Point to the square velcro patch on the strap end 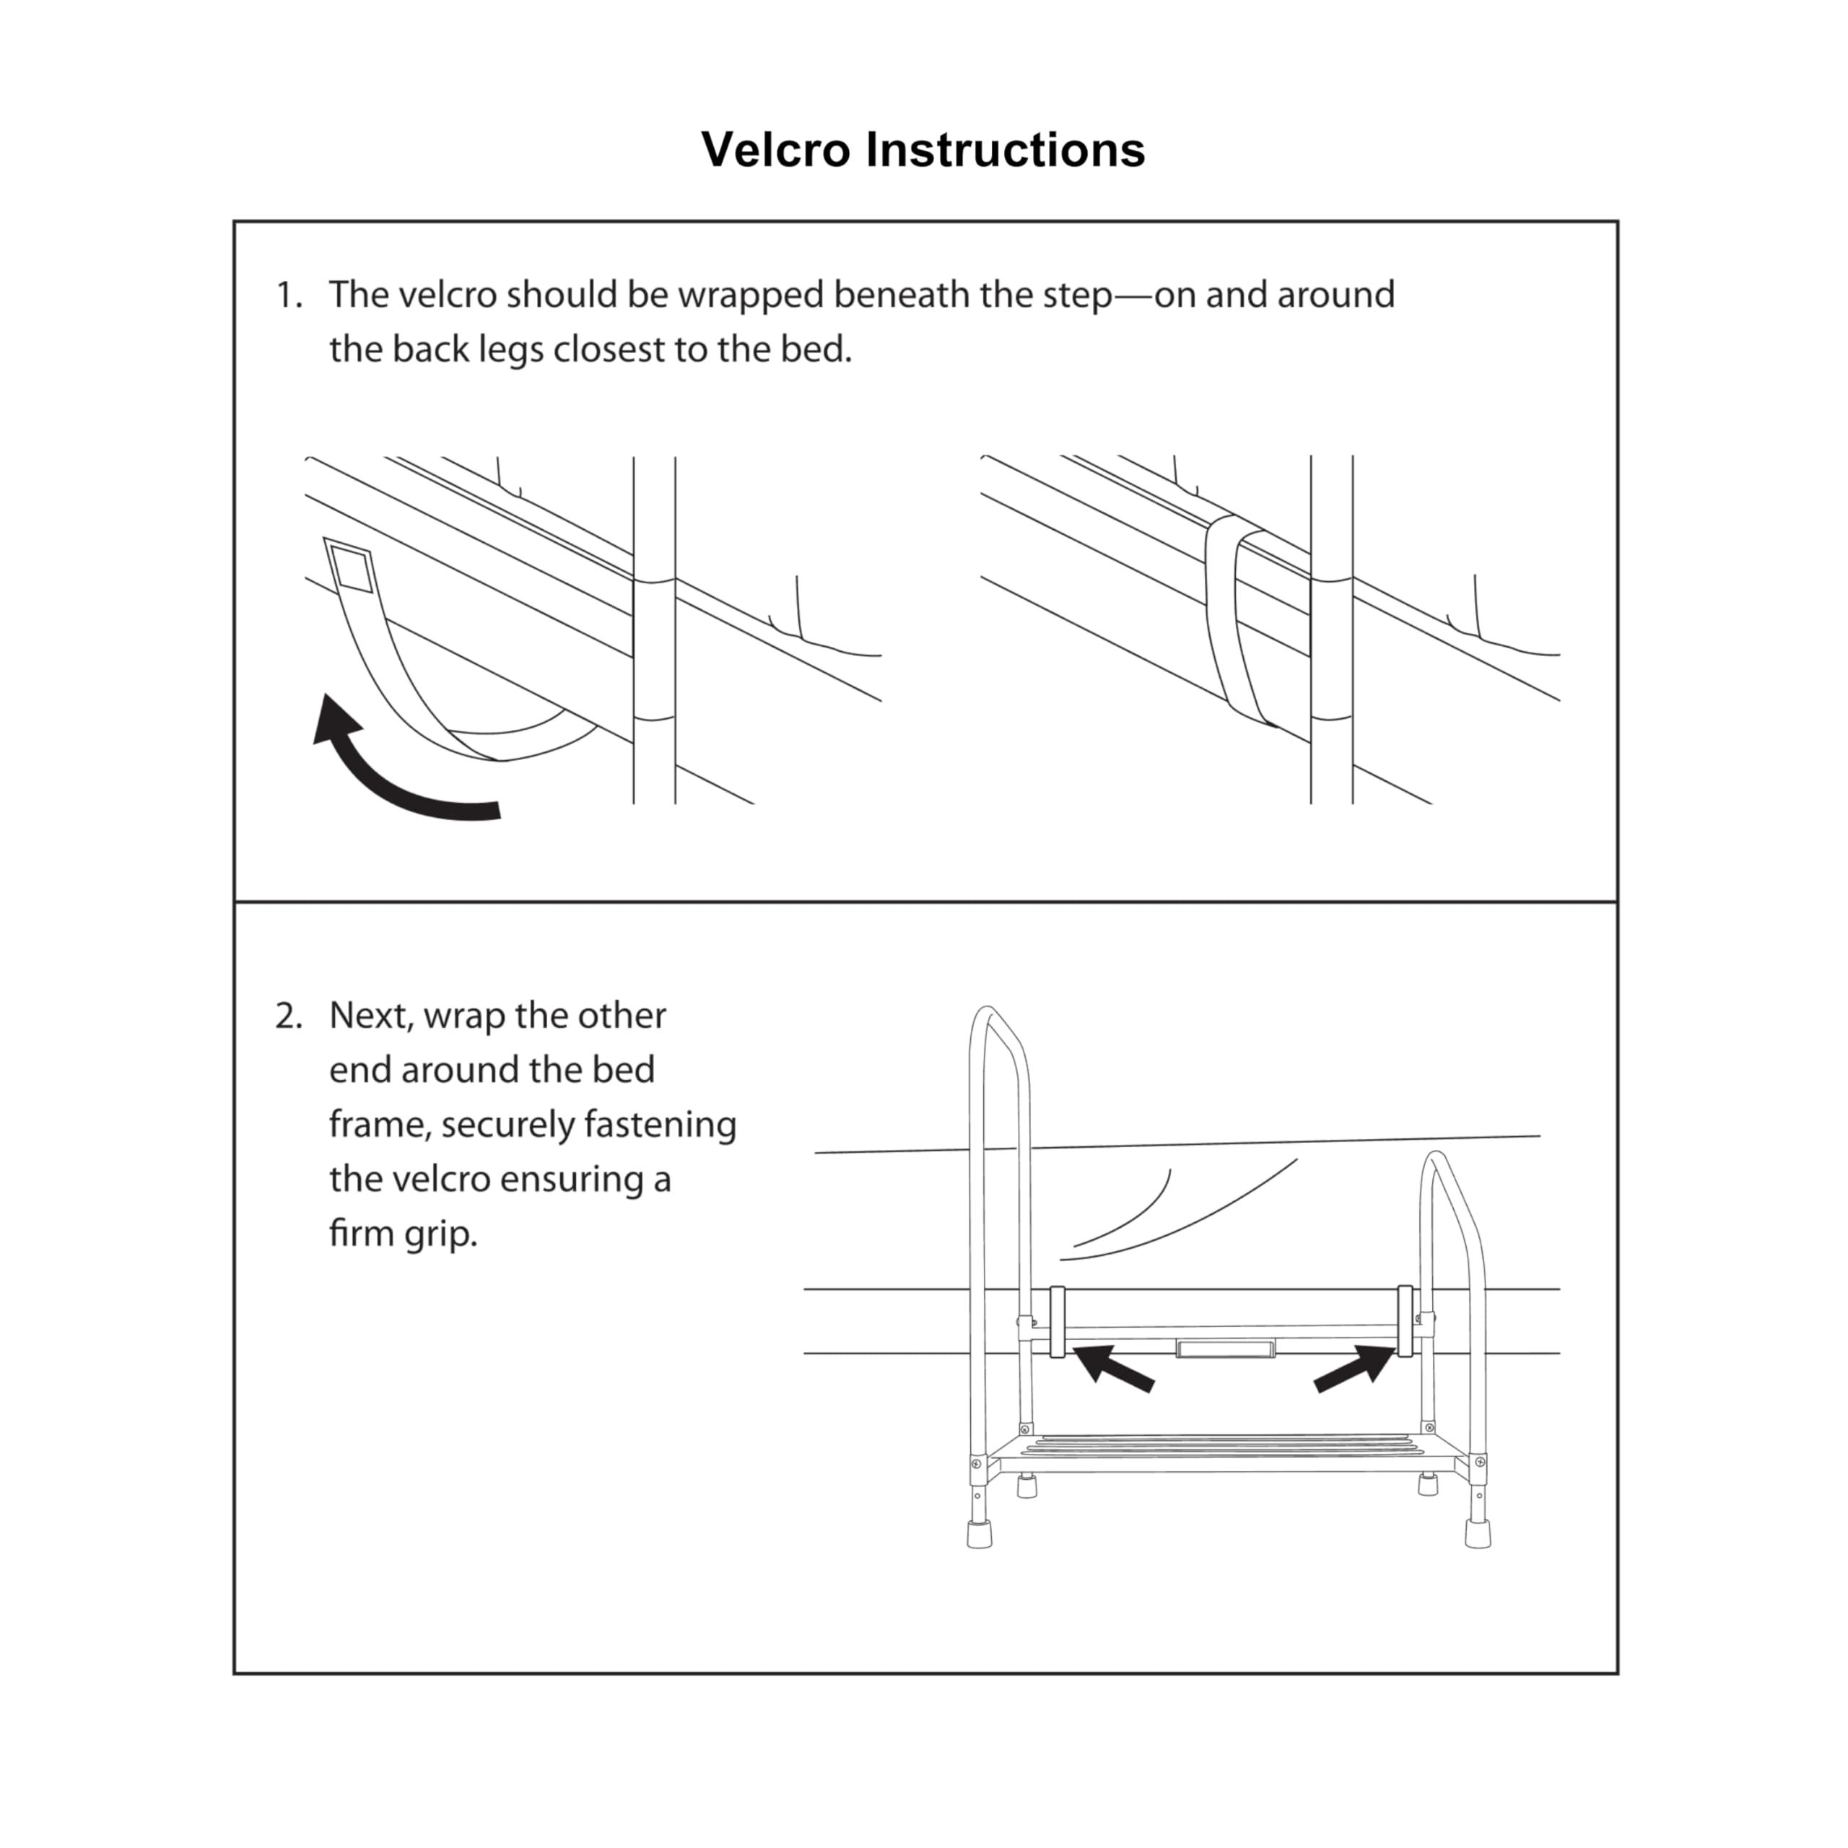351,571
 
